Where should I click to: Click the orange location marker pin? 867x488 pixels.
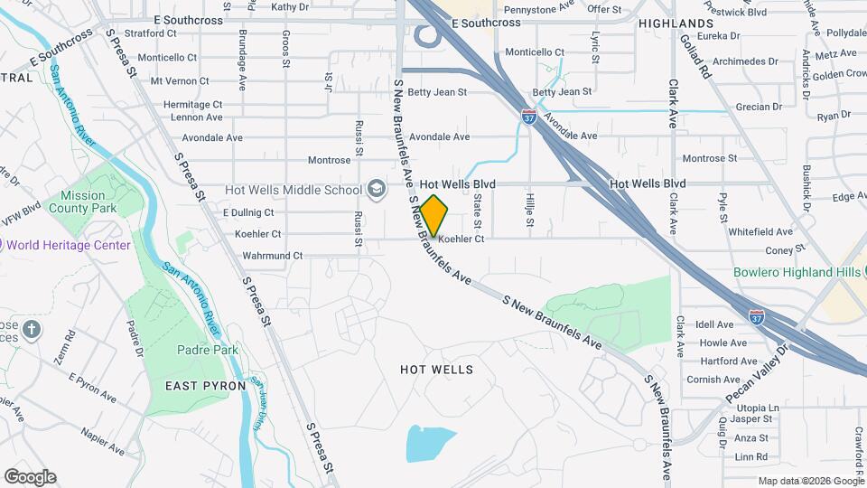click(x=434, y=215)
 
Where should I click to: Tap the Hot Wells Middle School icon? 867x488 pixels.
click(x=377, y=190)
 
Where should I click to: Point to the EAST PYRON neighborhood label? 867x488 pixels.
click(x=206, y=386)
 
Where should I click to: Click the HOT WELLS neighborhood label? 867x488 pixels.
click(x=436, y=370)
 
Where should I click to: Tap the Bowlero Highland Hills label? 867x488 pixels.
click(x=797, y=274)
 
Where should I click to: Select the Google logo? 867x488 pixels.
click(x=30, y=477)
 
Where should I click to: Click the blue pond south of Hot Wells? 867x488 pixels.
click(x=431, y=444)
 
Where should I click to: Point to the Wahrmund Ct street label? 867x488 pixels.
click(x=273, y=256)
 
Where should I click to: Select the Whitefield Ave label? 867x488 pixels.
click(x=760, y=232)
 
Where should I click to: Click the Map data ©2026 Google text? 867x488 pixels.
click(x=810, y=481)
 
